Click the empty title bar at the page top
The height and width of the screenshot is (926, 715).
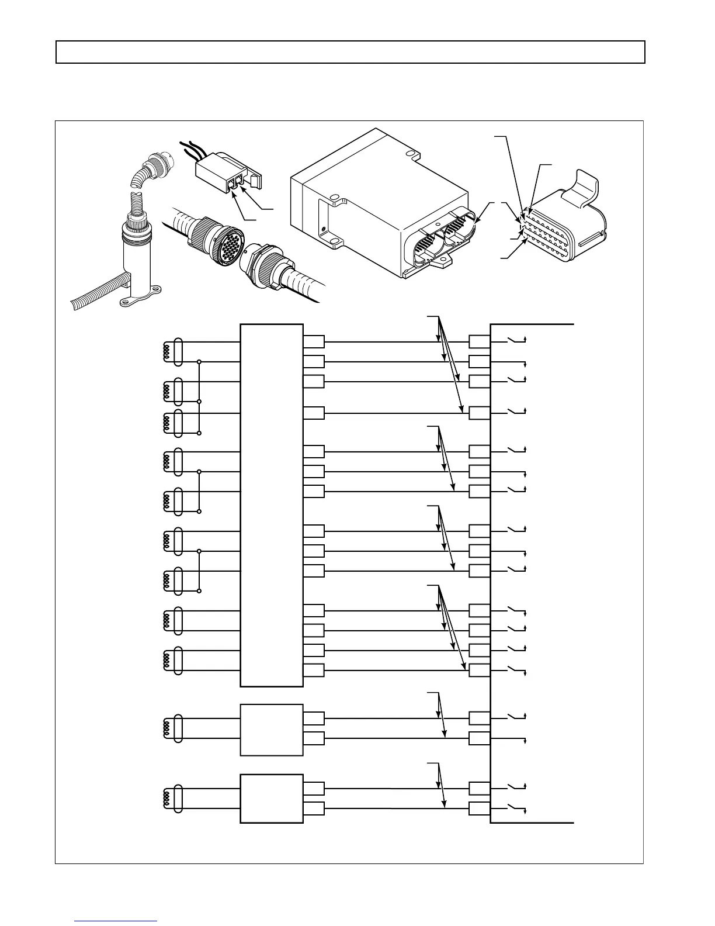pos(350,52)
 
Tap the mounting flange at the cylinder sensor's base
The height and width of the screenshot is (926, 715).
pos(141,300)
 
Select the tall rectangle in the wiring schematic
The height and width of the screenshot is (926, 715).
pos(272,505)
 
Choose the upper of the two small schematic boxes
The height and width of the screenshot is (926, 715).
pos(272,730)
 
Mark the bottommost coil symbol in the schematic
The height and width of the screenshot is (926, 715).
pos(166,799)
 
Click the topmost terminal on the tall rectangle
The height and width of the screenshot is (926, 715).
pos(314,342)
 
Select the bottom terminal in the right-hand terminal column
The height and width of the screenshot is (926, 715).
pos(479,809)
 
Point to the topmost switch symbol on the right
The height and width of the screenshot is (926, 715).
pos(515,340)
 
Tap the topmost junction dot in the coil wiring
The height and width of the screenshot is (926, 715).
pos(200,362)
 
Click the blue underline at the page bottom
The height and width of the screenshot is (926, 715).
pos(116,920)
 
